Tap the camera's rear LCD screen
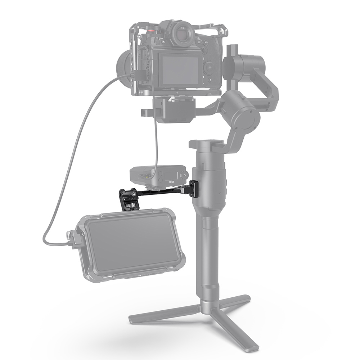179,70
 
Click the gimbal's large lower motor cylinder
240,111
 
